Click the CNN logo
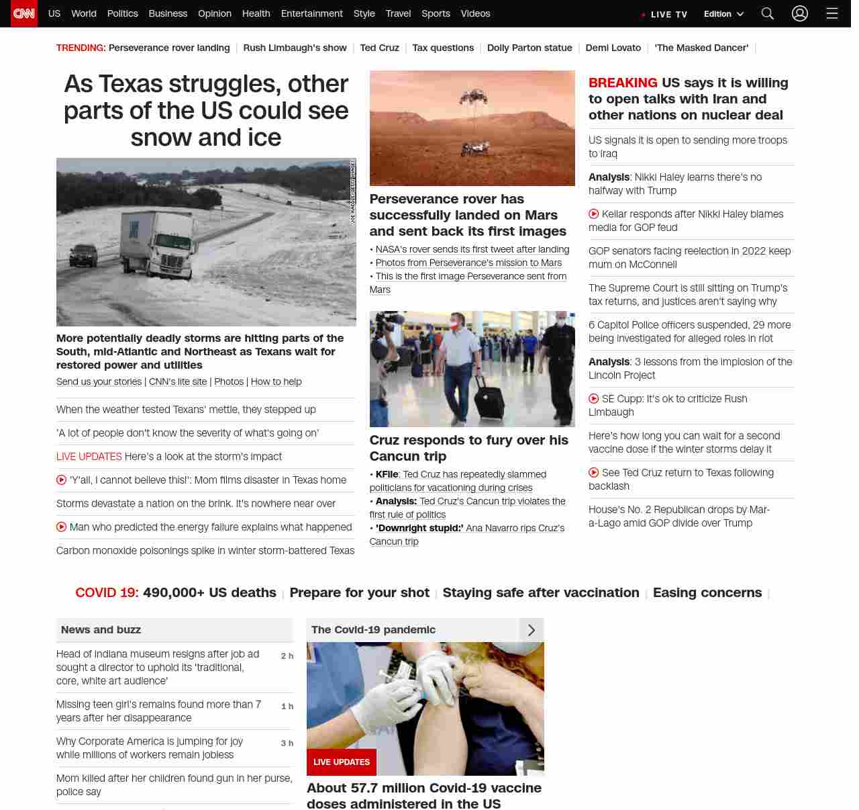(x=24, y=13)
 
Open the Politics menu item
(x=122, y=13)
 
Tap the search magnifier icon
(x=768, y=13)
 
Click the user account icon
(x=799, y=13)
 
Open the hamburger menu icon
(x=832, y=13)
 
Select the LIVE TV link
(x=664, y=14)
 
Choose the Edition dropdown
(x=723, y=14)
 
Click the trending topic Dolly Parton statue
(x=529, y=48)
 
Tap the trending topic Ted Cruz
(x=379, y=48)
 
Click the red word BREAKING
(x=623, y=83)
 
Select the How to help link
(x=276, y=381)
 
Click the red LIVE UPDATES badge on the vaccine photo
(x=342, y=762)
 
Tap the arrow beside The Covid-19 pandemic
(x=531, y=630)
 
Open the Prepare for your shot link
(x=359, y=592)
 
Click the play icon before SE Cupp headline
(x=594, y=398)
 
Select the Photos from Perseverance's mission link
(x=468, y=263)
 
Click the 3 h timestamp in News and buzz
(x=287, y=743)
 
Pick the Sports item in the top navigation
(x=436, y=13)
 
